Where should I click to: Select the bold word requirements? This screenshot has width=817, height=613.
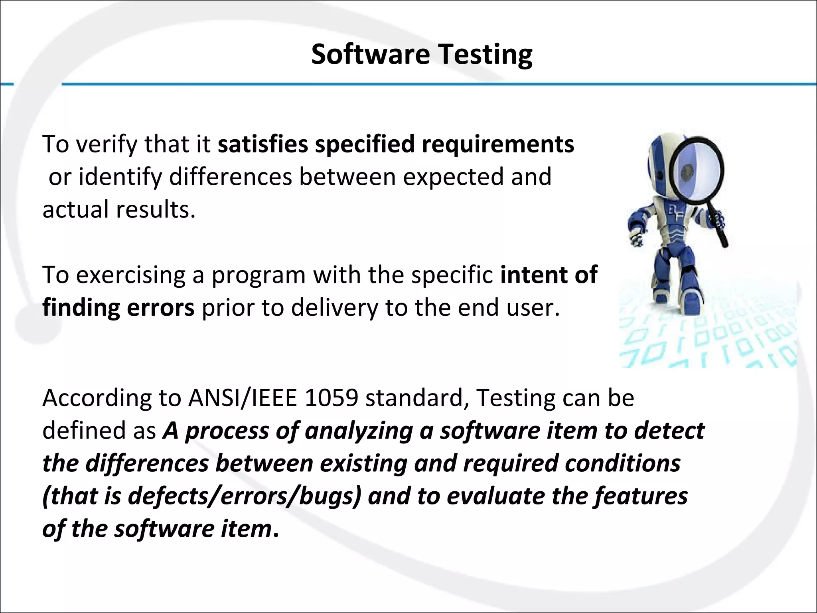point(498,144)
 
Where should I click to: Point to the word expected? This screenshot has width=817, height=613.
point(453,177)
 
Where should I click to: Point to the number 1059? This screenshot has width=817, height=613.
point(331,398)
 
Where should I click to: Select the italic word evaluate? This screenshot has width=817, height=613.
point(495,496)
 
